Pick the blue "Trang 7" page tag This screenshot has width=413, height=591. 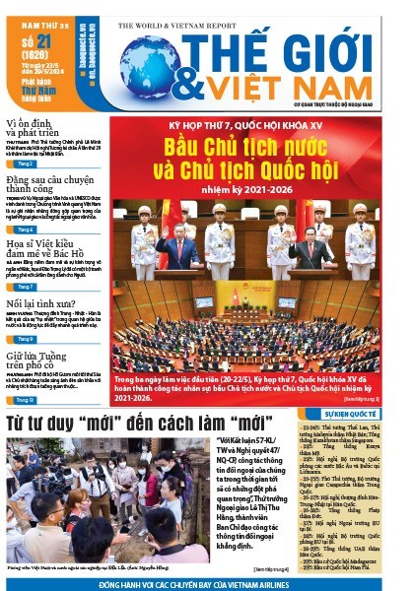click(27, 286)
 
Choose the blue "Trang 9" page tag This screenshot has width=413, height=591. click(27, 340)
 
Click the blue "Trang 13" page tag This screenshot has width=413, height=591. click(27, 400)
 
